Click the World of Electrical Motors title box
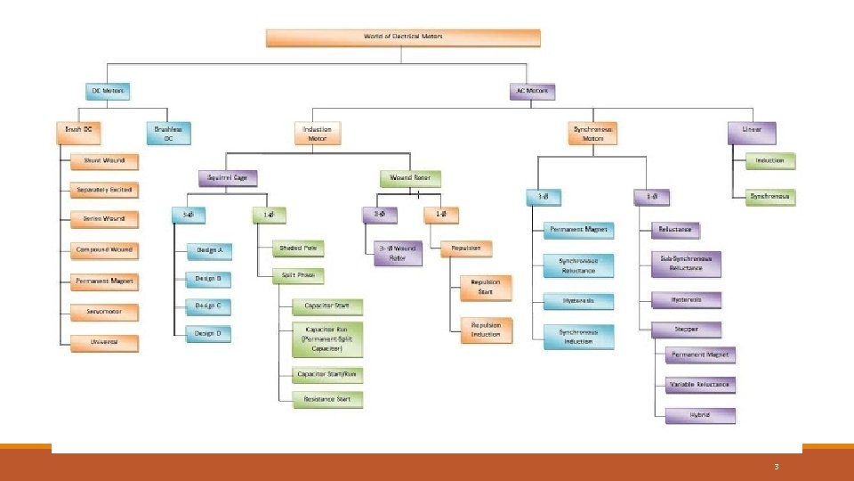point(403,37)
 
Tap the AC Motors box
point(532,91)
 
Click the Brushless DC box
point(167,133)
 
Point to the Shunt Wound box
point(105,162)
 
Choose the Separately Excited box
point(105,190)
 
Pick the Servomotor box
point(105,312)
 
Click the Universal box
point(105,342)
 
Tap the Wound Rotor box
point(410,177)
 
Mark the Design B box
point(208,279)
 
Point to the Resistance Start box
point(327,399)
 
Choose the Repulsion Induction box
point(486,330)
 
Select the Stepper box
point(686,329)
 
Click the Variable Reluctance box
point(699,385)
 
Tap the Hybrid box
point(699,415)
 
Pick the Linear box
point(752,133)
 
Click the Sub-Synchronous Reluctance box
point(686,263)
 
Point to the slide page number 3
point(777,466)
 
